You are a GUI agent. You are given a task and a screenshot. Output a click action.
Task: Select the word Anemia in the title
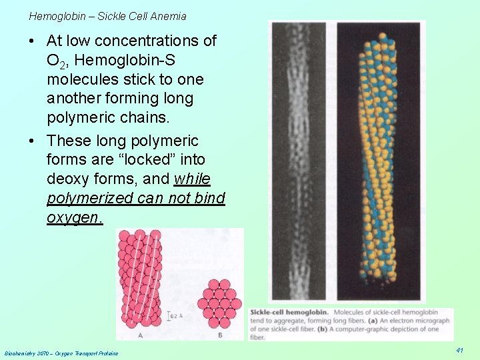169,16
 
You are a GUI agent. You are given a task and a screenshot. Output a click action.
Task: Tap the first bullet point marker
33,41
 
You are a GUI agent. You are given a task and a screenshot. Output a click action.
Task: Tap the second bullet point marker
33,141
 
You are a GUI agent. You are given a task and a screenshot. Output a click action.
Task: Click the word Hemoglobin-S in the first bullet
125,61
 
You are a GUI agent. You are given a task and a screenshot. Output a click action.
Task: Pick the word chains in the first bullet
131,117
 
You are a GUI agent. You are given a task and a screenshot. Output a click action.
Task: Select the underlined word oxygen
74,218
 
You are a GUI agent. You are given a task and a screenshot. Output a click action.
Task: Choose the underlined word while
192,179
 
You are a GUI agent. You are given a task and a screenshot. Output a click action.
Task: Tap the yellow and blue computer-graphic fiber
378,160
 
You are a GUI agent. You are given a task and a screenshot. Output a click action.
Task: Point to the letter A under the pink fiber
141,334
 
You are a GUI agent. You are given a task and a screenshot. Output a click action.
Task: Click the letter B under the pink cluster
220,334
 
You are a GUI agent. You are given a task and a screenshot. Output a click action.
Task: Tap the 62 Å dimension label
175,315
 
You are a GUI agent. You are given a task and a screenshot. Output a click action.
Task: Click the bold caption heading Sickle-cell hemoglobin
290,312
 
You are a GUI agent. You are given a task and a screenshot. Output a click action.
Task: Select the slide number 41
460,350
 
